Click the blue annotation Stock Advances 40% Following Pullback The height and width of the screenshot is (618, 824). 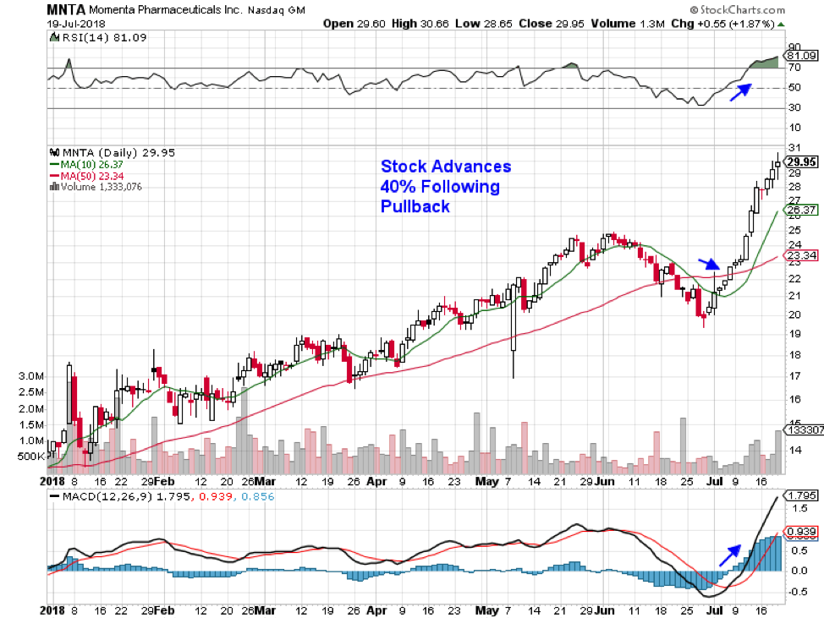pyautogui.click(x=445, y=186)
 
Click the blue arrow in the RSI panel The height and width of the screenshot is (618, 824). pyautogui.click(x=739, y=91)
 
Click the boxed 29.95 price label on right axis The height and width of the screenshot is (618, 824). pyautogui.click(x=800, y=162)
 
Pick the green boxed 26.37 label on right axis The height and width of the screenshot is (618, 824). pyautogui.click(x=800, y=210)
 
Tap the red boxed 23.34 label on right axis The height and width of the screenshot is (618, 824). pyautogui.click(x=800, y=254)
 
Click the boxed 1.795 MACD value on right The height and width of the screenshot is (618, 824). pyautogui.click(x=800, y=495)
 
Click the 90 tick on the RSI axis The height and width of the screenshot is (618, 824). pyautogui.click(x=794, y=47)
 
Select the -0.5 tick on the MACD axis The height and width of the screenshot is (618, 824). pyautogui.click(x=797, y=591)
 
